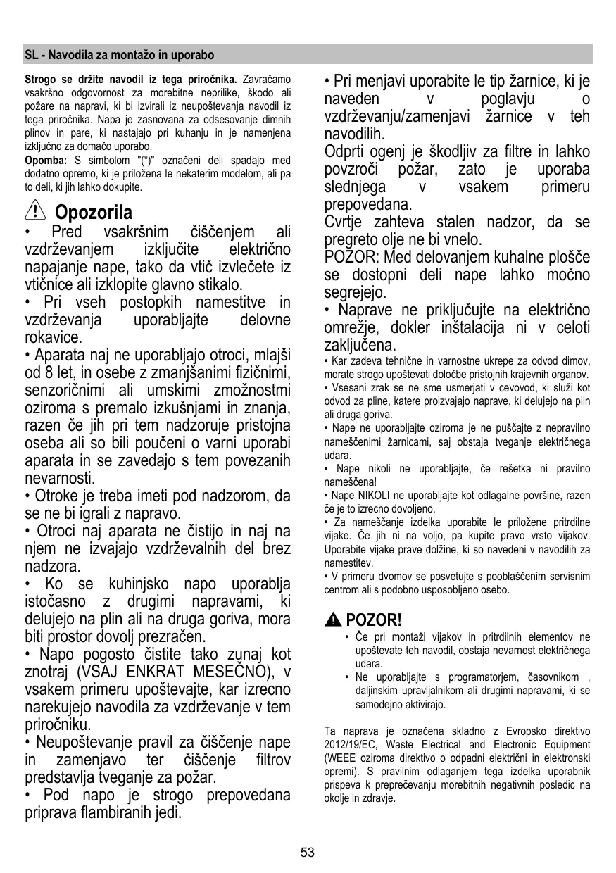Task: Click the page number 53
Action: click(308, 853)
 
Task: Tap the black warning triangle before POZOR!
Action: click(334, 620)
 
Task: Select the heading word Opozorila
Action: click(93, 211)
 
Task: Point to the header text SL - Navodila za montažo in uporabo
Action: click(119, 54)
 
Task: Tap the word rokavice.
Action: click(53, 338)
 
